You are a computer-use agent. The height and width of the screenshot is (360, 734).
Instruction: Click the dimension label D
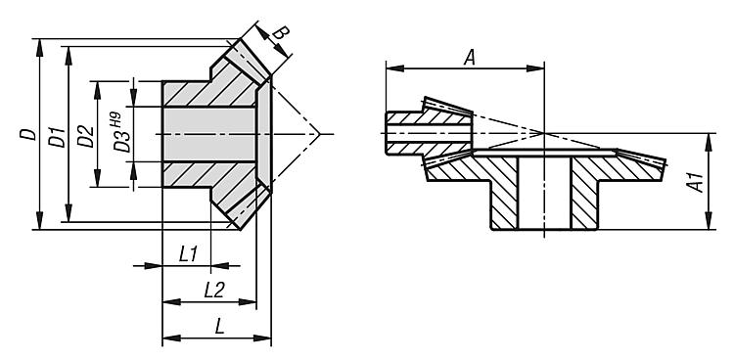point(28,134)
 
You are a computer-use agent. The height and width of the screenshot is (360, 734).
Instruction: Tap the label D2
point(86,136)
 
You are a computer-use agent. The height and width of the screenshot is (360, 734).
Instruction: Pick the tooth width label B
point(281,34)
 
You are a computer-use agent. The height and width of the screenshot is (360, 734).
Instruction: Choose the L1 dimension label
point(189,254)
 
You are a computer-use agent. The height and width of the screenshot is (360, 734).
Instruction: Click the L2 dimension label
point(214,291)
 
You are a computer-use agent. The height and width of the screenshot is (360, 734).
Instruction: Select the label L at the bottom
point(219,327)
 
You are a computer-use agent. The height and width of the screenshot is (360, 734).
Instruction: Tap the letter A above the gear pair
point(470,58)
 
